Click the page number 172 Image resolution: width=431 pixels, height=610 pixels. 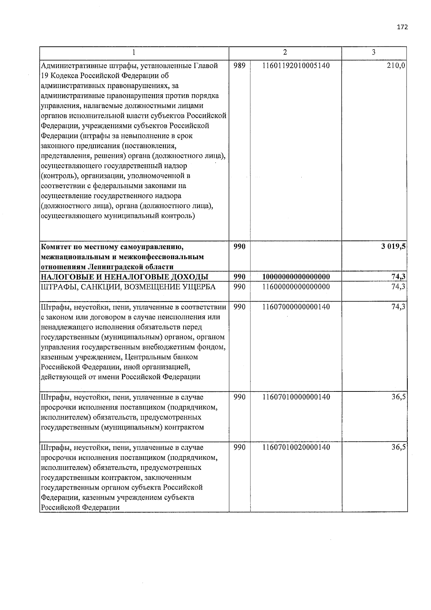(402, 27)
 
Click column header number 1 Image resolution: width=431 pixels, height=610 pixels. (134, 52)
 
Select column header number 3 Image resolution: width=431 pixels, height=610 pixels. (374, 52)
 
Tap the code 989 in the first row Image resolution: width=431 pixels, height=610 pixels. (239, 66)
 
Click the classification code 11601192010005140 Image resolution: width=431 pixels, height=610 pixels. (296, 66)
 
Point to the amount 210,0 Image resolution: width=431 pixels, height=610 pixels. (397, 66)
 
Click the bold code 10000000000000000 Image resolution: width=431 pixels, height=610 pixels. (296, 276)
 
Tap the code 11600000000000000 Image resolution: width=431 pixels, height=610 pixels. (296, 286)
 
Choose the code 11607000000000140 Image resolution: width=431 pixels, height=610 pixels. (296, 307)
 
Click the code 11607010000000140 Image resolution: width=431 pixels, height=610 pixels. (296, 397)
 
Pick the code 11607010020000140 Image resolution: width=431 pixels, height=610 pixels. (296, 447)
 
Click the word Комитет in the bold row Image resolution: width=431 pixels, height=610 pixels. (57, 247)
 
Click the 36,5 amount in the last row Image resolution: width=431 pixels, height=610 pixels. (399, 447)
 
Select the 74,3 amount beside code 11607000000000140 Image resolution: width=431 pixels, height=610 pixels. (399, 307)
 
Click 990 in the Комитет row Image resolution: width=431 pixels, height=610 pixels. (239, 247)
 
